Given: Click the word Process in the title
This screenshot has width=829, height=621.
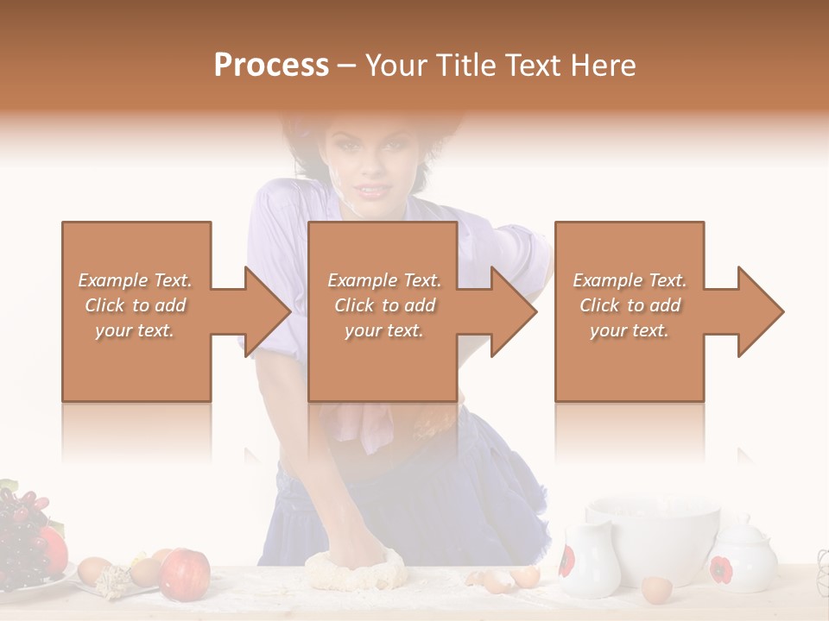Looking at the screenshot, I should click(271, 66).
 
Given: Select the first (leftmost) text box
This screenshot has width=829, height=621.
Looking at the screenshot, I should click(136, 311).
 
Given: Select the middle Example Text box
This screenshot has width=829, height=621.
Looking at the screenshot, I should click(383, 311).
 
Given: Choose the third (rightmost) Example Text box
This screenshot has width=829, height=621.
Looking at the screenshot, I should click(630, 311).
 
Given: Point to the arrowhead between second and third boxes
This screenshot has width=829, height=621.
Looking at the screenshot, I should click(513, 311).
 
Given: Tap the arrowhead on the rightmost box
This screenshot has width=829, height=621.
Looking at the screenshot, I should click(759, 311).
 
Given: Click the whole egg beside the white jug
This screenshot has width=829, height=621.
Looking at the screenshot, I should click(656, 590).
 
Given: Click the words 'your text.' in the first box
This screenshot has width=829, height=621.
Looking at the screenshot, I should click(135, 330).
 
